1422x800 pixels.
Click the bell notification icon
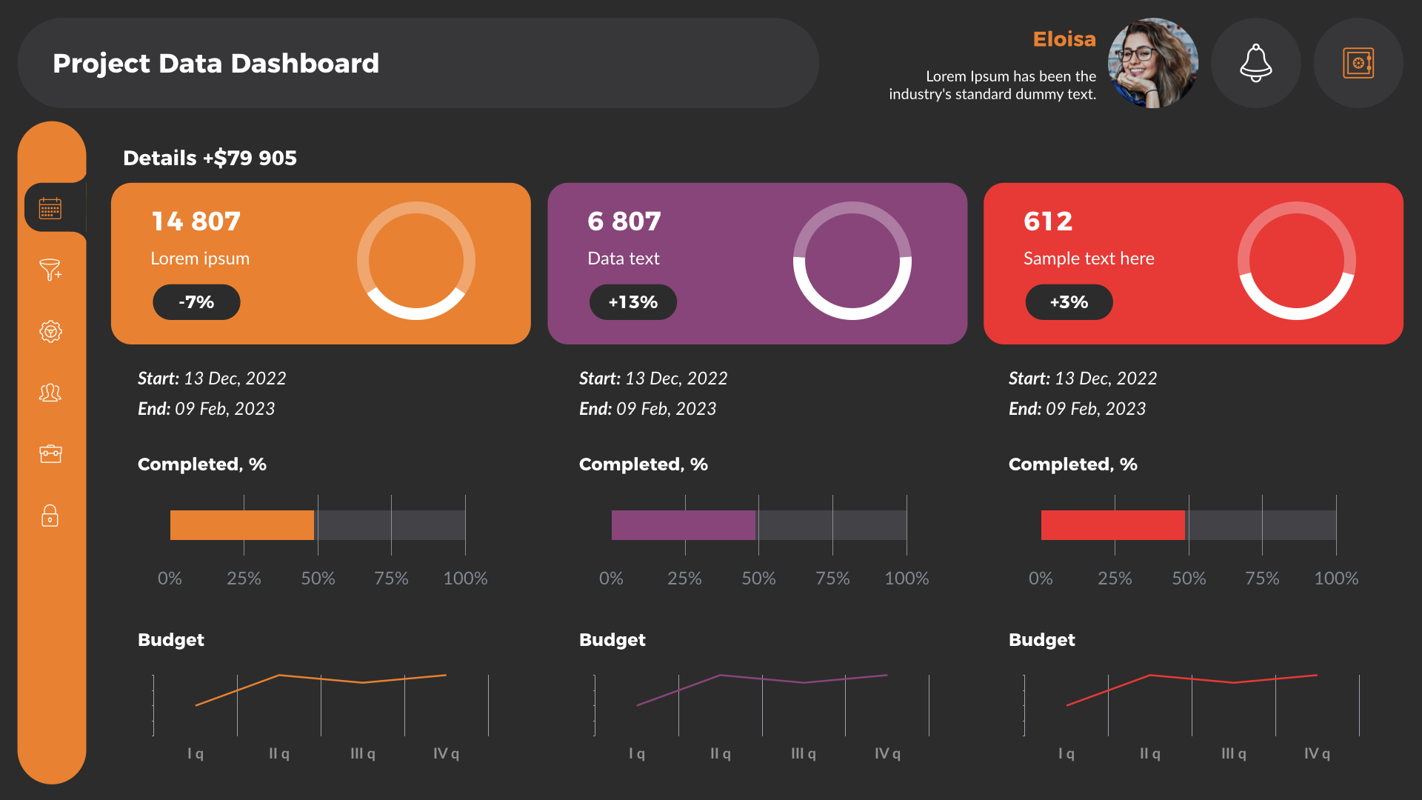[x=1255, y=63]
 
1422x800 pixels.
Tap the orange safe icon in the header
[x=1358, y=63]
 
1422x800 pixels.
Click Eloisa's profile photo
[x=1152, y=63]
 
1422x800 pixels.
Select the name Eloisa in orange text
[x=1064, y=39]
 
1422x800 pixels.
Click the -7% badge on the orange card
[x=196, y=302]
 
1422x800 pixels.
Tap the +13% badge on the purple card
[x=632, y=302]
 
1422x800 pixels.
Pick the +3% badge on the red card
[x=1069, y=302]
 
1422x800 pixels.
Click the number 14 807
[x=196, y=221]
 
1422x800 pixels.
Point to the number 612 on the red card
[x=1047, y=221]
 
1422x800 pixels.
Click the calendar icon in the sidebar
[x=50, y=208]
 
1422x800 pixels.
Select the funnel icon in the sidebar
[x=50, y=270]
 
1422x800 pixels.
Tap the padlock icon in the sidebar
[x=50, y=516]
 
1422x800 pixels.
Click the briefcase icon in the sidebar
[x=50, y=453]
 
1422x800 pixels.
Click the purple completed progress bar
[x=683, y=525]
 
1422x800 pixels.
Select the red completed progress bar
[x=1112, y=525]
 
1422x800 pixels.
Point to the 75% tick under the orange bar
[x=391, y=579]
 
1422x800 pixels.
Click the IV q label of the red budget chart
[x=1317, y=753]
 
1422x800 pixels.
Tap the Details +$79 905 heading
[x=210, y=158]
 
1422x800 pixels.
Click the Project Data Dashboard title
[x=216, y=64]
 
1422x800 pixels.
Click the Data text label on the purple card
[x=623, y=259]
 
